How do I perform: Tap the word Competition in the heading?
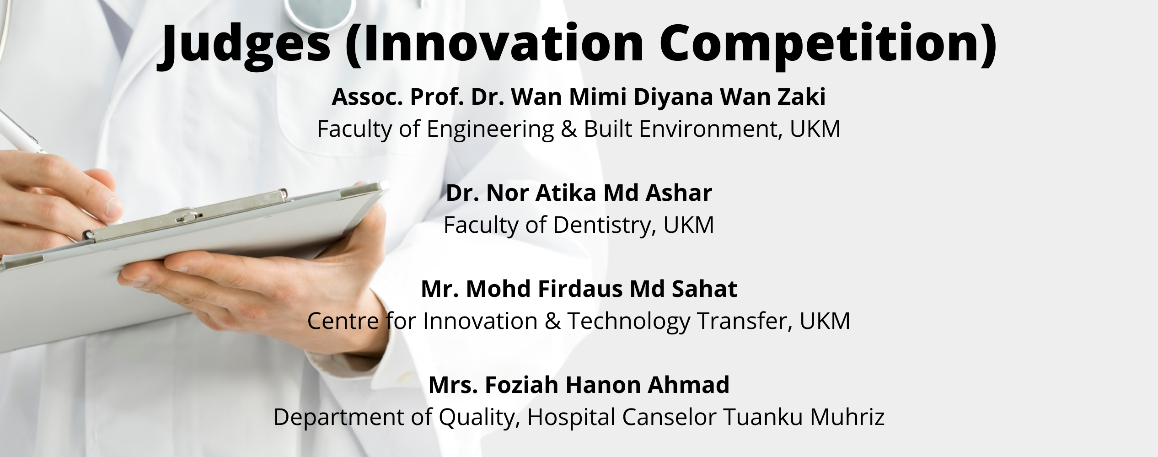click(x=828, y=43)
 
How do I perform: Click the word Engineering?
click(x=490, y=129)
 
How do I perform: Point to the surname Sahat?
click(x=704, y=289)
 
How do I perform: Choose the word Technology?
click(x=628, y=322)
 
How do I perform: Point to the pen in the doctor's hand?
click(x=21, y=130)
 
